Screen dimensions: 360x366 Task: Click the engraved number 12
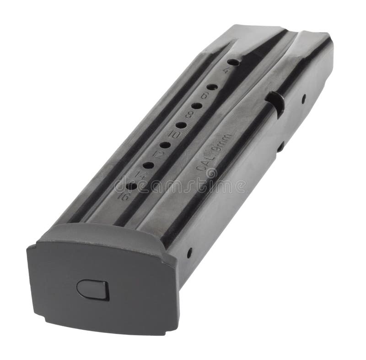[x=157, y=154]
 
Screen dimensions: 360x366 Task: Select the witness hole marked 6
[x=212, y=87]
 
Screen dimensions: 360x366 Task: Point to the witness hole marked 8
[x=197, y=106]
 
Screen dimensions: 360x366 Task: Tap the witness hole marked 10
[x=181, y=125]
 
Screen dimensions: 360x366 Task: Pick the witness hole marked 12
[x=165, y=145]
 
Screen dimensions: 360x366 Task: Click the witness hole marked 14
[x=148, y=165]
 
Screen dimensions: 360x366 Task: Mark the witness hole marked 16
[x=131, y=186]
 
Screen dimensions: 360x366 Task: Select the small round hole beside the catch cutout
[x=304, y=97]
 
